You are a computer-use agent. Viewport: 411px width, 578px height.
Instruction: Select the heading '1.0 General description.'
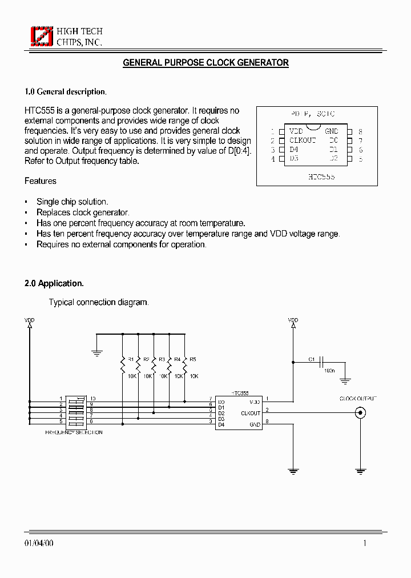click(x=66, y=91)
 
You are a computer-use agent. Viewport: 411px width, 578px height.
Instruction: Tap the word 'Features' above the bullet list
click(x=41, y=181)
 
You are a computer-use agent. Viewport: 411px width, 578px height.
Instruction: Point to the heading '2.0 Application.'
click(x=54, y=283)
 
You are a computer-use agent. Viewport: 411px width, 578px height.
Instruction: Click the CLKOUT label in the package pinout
click(x=303, y=140)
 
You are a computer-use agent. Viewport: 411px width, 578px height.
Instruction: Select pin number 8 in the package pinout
click(x=360, y=131)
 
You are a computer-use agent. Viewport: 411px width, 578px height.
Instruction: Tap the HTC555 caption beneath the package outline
click(x=321, y=177)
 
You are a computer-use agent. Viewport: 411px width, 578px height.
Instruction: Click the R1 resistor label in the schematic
click(x=131, y=359)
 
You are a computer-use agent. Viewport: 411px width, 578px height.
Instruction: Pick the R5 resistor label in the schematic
click(x=192, y=359)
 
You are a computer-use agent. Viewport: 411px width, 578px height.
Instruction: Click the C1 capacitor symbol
click(x=323, y=362)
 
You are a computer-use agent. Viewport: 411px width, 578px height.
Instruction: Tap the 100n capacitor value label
click(x=329, y=371)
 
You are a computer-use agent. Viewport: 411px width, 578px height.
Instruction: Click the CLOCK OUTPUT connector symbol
click(x=360, y=413)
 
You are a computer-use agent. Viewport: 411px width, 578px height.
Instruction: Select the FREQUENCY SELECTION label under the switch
click(x=74, y=432)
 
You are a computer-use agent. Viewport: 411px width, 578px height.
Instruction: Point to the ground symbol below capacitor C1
click(x=345, y=379)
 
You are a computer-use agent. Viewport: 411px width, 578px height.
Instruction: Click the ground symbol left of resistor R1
click(x=97, y=352)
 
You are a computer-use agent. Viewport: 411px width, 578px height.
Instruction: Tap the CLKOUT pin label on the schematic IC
click(x=251, y=413)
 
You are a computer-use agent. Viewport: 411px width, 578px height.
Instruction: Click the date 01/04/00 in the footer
click(x=39, y=543)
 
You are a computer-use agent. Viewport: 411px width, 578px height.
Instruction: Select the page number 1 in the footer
click(x=365, y=543)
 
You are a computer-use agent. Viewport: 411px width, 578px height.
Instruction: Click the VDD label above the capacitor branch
click(x=293, y=320)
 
